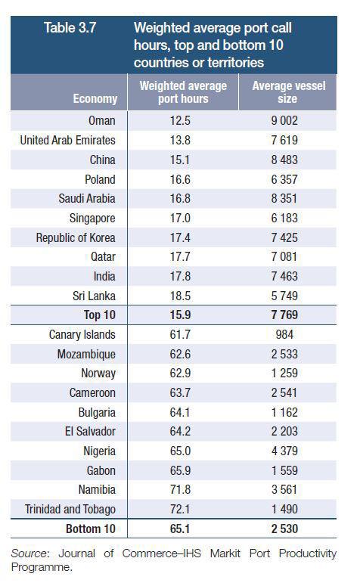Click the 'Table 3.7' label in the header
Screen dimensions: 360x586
[70, 28]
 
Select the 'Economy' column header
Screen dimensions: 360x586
[95, 98]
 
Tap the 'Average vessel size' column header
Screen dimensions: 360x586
[288, 92]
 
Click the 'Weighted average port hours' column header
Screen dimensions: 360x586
[183, 92]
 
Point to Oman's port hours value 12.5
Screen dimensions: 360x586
[180, 121]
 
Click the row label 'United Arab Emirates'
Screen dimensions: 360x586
[67, 140]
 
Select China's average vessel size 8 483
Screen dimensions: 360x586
[284, 160]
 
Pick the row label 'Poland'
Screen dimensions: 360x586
[100, 179]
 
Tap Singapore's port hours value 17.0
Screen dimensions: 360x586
[180, 218]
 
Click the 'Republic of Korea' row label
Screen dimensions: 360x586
[76, 237]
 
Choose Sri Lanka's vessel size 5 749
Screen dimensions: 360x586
[284, 296]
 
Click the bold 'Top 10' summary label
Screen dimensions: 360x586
[99, 315]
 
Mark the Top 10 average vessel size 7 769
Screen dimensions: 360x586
[284, 315]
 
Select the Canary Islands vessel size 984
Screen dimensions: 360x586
[284, 334]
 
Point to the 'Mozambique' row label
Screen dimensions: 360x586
[86, 355]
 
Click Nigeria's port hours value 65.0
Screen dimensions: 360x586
[180, 451]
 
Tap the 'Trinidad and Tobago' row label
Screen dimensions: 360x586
[70, 510]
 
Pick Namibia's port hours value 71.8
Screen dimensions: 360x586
[180, 489]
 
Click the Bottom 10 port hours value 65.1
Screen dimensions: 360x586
[180, 529]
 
